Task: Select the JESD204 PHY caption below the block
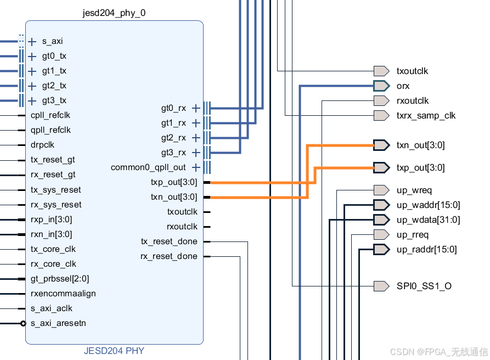(x=114, y=350)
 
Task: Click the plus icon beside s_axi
(x=32, y=41)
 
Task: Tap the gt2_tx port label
(x=54, y=86)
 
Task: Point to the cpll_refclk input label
(x=50, y=115)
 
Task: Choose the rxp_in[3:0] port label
(x=51, y=220)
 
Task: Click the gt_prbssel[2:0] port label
(x=60, y=279)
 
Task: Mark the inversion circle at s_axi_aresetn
(x=23, y=323)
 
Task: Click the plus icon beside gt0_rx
(x=195, y=108)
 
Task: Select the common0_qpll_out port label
(x=148, y=167)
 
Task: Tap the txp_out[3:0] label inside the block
(x=173, y=182)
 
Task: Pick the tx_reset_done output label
(x=169, y=241)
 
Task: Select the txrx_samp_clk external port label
(x=426, y=115)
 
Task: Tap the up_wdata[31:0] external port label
(x=428, y=220)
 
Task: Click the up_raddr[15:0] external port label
(x=426, y=249)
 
